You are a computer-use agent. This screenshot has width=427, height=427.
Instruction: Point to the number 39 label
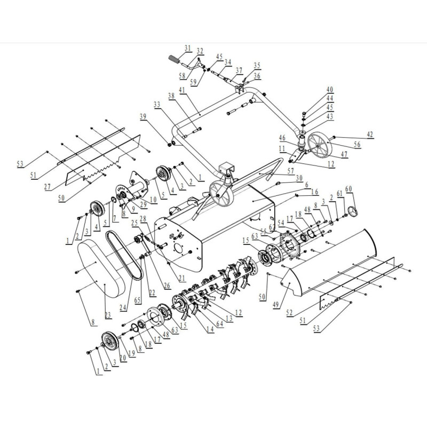pos(143,116)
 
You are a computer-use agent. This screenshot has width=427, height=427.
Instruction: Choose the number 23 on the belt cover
pos(108,315)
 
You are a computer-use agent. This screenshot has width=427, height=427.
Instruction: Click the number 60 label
pos(349,189)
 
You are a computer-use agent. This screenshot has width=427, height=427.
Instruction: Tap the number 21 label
pos(181,278)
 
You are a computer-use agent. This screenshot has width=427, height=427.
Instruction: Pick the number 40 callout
pos(330,90)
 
